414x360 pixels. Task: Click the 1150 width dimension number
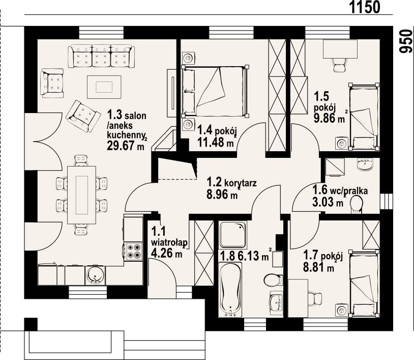coord(365,7)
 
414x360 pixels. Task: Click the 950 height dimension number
coord(405,41)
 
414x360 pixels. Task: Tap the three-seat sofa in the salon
coord(101,57)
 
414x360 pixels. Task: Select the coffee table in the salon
coord(104,87)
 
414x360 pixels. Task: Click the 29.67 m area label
coord(126,145)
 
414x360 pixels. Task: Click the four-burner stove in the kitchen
coord(134,252)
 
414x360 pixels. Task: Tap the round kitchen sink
coord(95,275)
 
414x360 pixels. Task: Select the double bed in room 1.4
coord(215,91)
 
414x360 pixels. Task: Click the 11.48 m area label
coord(216,143)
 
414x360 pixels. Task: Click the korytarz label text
coord(240,183)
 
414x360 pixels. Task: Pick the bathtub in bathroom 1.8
coord(230,289)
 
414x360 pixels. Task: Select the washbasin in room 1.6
coord(365,164)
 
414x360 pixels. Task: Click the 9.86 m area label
coord(329,118)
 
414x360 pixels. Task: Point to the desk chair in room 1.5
coord(339,65)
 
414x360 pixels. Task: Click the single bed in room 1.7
coord(364,283)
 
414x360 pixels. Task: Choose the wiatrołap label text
coord(169,242)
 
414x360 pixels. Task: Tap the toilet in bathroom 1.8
coord(273,280)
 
